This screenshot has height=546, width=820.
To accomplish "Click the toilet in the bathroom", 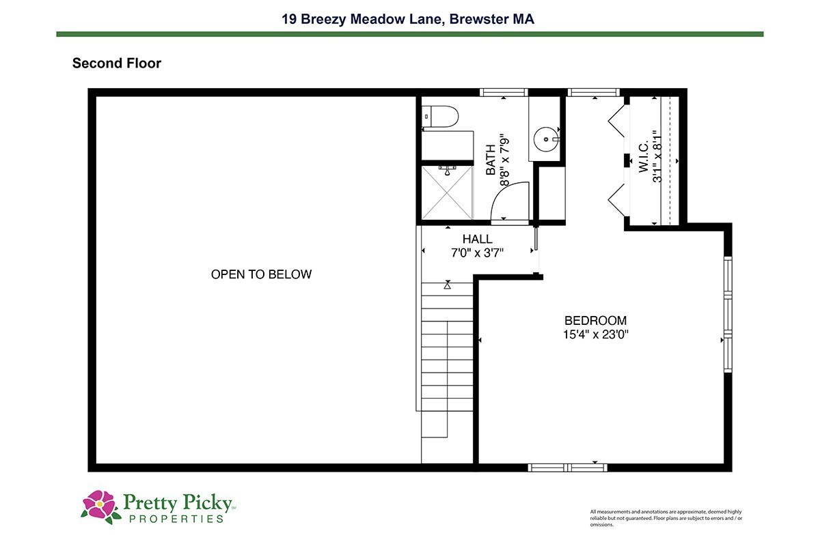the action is click(439, 117).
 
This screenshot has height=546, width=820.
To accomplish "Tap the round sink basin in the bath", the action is click(546, 139).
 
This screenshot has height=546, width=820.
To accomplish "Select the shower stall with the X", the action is click(447, 192).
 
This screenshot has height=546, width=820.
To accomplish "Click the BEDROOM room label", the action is click(595, 321).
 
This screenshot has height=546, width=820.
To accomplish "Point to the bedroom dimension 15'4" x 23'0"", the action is click(595, 334).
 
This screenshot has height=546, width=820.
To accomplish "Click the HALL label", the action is click(477, 239).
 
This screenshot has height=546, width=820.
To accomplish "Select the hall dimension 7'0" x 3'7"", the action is click(477, 253).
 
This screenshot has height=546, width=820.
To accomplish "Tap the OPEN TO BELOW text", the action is click(261, 274).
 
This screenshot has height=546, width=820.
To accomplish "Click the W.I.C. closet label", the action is click(644, 156).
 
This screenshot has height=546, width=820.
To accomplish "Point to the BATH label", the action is click(491, 160).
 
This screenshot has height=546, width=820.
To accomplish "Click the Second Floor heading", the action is click(117, 63).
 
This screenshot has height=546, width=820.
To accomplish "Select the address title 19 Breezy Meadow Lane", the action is click(363, 19).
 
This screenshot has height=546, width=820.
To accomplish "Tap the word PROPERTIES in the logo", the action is click(176, 519).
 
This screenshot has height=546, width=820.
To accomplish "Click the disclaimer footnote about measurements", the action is click(666, 518).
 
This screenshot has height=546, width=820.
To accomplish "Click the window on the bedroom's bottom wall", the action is click(567, 468).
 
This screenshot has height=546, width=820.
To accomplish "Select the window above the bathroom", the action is click(504, 92).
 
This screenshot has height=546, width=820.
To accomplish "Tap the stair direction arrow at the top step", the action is click(447, 285).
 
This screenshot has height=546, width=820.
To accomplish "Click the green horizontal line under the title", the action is click(410, 34).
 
